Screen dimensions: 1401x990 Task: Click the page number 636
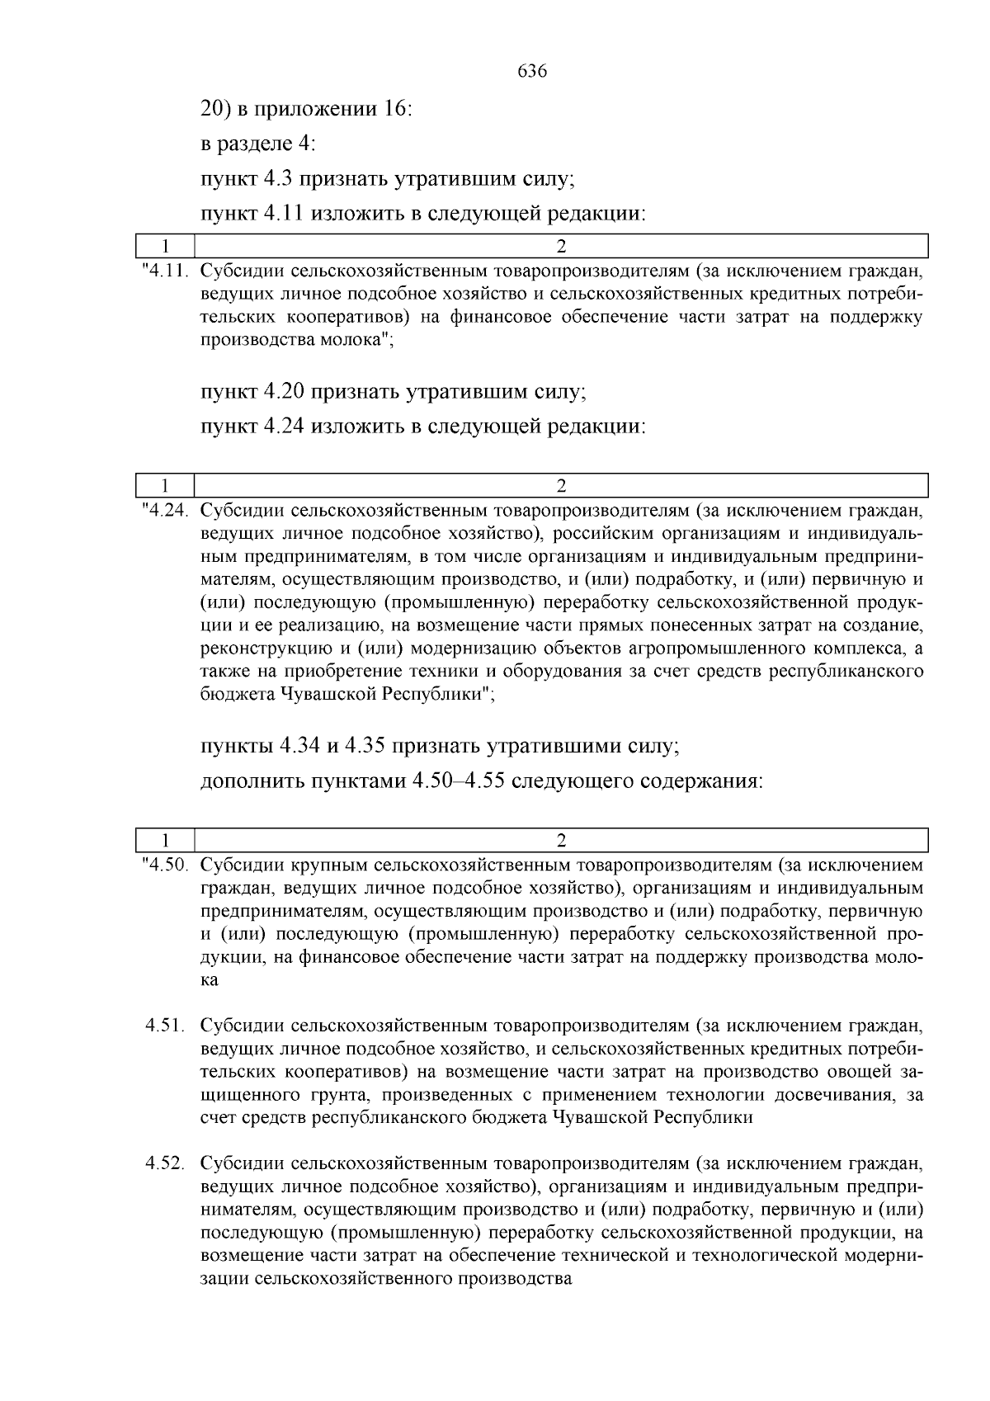532,72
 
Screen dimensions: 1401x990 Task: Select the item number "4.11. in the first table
167,270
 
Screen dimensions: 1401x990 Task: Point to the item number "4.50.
167,866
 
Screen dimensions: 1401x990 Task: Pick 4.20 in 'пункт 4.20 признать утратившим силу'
285,391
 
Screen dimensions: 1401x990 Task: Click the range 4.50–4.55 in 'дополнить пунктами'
458,781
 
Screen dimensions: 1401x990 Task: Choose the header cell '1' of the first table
165,246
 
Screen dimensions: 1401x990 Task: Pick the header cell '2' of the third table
561,840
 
